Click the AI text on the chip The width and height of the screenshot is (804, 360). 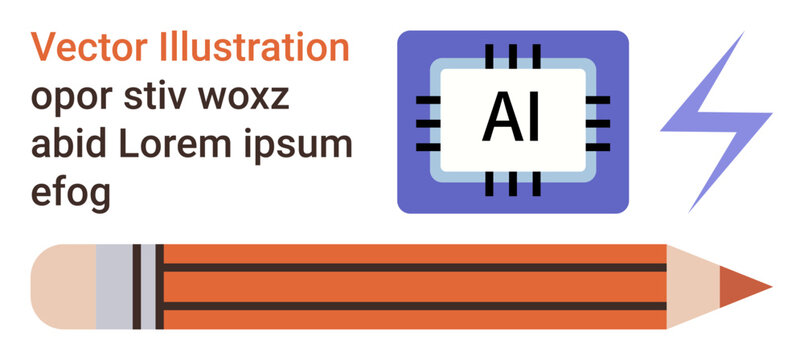point(511,119)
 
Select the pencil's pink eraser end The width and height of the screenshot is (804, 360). point(63,287)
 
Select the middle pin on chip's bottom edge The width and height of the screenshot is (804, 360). point(512,186)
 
